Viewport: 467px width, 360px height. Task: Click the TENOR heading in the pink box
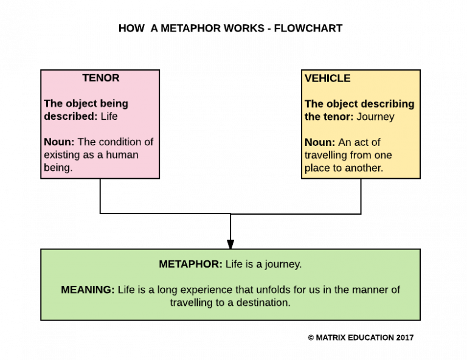100,78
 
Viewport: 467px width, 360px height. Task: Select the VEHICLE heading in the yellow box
327,78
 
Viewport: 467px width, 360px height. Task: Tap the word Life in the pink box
109,116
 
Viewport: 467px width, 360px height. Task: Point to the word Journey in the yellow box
375,116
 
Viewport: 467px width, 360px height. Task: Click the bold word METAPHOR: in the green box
190,264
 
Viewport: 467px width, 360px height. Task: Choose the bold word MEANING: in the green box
88,289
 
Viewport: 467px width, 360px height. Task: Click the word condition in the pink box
119,142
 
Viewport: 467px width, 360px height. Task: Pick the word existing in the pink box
62,154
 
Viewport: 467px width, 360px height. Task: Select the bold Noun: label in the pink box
59,142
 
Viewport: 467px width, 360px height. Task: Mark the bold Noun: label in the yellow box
320,142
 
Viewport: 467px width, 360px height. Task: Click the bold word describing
387,103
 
